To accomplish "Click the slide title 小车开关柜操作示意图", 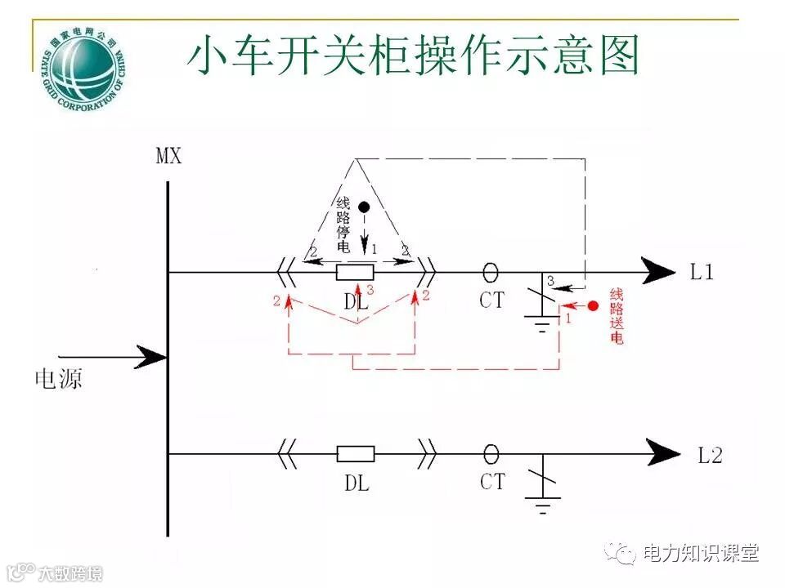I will coord(413,56).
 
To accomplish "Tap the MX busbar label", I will coord(169,156).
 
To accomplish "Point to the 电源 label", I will coord(58,378).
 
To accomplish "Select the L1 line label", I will coord(702,273).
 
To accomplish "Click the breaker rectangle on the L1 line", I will coord(356,272).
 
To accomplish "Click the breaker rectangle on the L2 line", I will coord(356,454).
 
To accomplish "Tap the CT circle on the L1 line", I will coord(491,271).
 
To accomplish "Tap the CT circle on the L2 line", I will coord(491,453).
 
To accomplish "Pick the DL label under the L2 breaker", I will coord(356,483).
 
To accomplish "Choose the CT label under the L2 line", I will coord(492,482).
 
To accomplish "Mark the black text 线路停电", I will coord(343,225).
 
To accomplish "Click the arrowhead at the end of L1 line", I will coord(659,271).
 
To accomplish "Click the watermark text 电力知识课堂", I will coord(701,553).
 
